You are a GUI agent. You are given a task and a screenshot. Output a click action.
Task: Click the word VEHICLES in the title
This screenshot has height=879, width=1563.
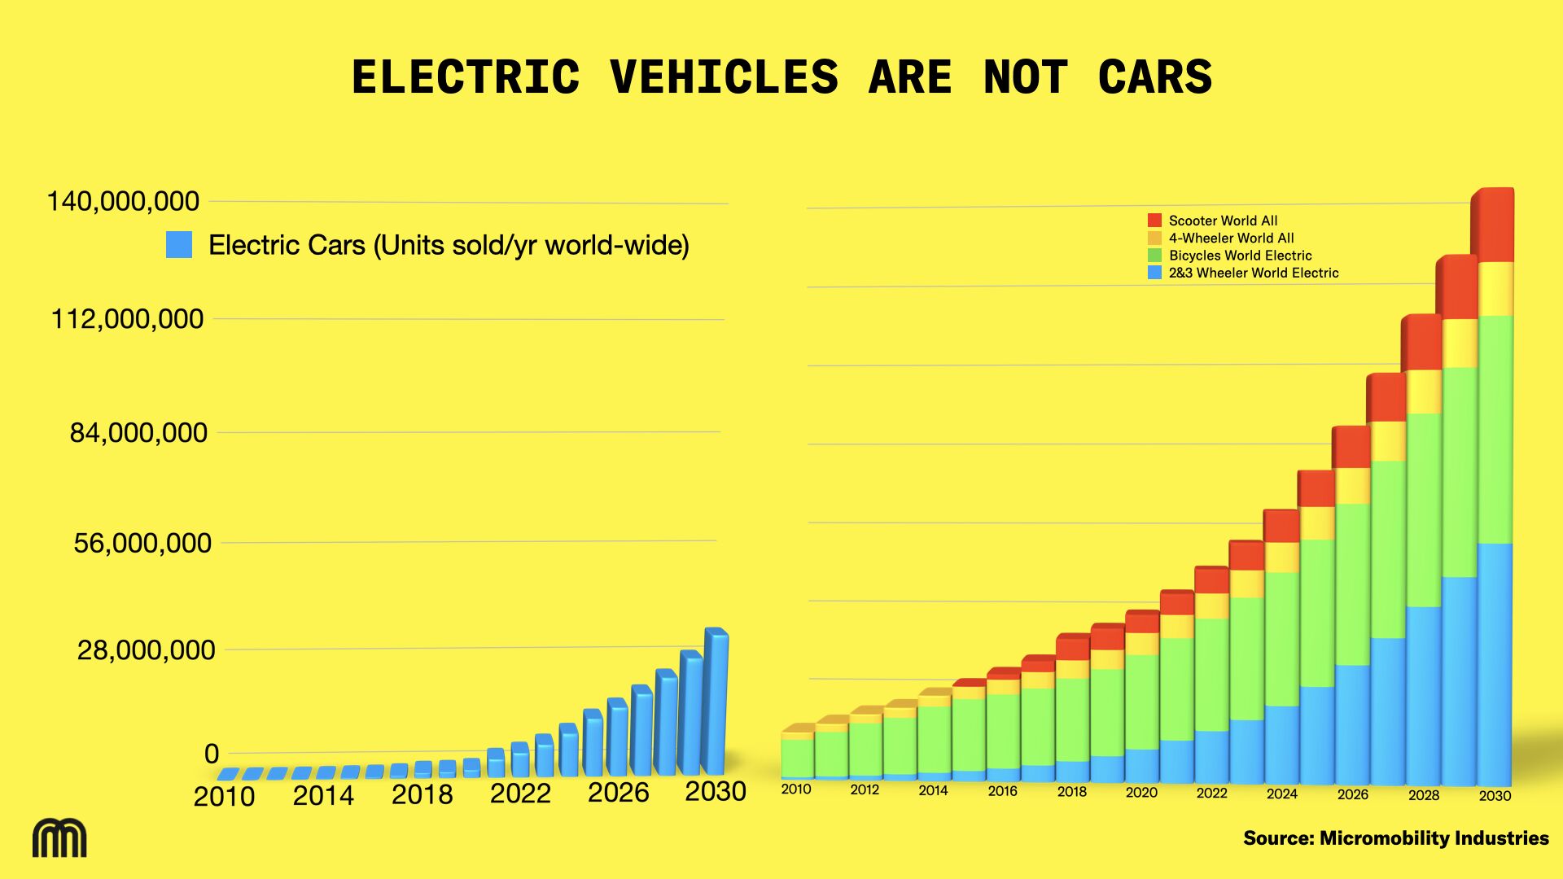(724, 77)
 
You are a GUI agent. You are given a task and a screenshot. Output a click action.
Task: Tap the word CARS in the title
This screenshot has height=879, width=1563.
(1154, 77)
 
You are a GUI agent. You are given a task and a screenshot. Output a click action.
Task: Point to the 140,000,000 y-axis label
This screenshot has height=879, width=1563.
(123, 201)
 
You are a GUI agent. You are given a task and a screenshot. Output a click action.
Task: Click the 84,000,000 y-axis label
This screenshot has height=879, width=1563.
(138, 432)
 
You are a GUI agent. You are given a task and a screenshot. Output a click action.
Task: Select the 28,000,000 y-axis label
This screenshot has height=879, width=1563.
(147, 649)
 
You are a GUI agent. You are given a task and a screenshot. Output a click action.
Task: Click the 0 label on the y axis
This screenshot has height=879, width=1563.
(212, 754)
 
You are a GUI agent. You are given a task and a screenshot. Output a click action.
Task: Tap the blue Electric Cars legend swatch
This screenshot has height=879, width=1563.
(179, 245)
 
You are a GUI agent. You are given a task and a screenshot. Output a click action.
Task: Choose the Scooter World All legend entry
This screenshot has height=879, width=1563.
(1223, 221)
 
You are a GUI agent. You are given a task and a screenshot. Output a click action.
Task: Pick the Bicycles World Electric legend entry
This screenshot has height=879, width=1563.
(1240, 256)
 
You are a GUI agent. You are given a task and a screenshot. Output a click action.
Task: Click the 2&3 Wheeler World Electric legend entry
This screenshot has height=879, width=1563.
(1253, 273)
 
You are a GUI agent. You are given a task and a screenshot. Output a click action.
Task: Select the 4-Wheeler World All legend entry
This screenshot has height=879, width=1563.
(1231, 238)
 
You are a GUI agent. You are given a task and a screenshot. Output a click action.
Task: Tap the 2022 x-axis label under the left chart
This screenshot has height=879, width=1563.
(520, 794)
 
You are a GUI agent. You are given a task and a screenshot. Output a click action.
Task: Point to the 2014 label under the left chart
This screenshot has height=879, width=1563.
(323, 795)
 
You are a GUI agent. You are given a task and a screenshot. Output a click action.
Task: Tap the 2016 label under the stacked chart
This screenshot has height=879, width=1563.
(1002, 791)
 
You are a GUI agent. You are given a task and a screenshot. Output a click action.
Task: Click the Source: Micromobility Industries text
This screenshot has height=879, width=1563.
(1395, 838)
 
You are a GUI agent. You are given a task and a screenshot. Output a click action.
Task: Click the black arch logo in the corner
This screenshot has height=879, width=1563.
(59, 838)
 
